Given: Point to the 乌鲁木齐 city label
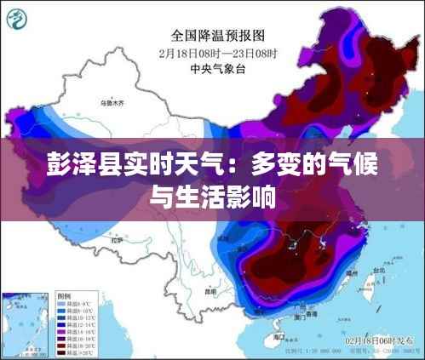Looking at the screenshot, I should pyautogui.click(x=112, y=103).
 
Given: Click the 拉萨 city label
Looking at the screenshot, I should pyautogui.click(x=117, y=241).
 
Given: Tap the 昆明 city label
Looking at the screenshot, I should pyautogui.click(x=210, y=291).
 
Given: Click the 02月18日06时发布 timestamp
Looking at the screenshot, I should pyautogui.click(x=382, y=340).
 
